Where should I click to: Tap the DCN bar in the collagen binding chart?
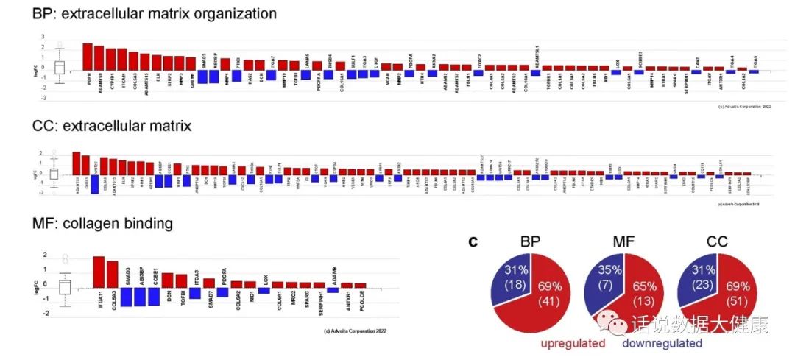(x=168, y=280)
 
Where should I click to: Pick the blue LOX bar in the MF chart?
(x=264, y=290)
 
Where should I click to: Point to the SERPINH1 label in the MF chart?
(x=319, y=300)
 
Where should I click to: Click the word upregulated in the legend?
(x=573, y=343)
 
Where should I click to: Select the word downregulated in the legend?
(x=662, y=343)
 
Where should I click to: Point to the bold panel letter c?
(x=475, y=241)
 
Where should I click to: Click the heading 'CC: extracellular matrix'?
(x=112, y=127)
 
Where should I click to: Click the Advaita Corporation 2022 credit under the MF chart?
(x=355, y=331)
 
